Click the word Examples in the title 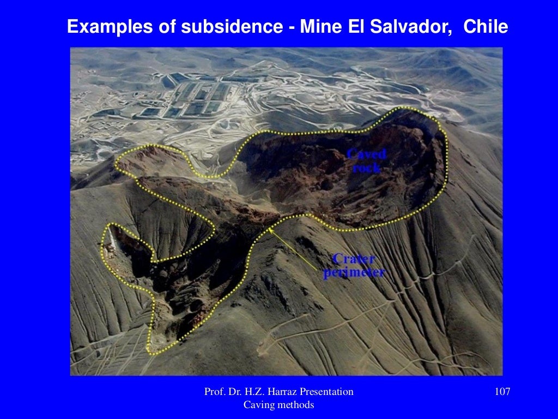click(101, 27)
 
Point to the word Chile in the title click(486, 27)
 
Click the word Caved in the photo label click(366, 154)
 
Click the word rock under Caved click(366, 167)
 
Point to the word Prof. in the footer click(214, 392)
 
